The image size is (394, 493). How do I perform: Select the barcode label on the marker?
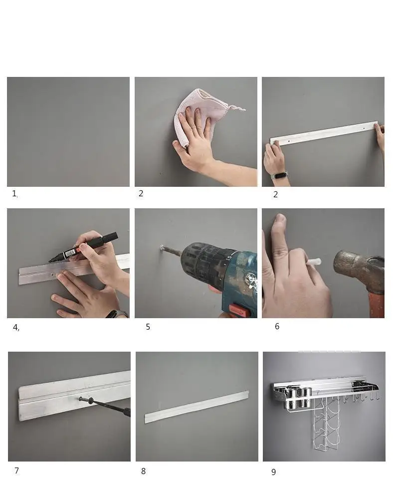[x=71, y=252]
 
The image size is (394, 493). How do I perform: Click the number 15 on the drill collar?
[x=229, y=258]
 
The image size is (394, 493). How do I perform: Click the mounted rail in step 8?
[x=197, y=407]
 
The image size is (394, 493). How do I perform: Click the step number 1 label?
[x=14, y=194]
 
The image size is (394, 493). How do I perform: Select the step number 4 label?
[x=16, y=327]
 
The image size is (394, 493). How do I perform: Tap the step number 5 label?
[x=148, y=327]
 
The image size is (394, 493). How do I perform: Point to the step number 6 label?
[x=277, y=326]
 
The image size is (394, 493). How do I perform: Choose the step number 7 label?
[x=16, y=471]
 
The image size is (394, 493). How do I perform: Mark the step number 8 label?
[x=143, y=472]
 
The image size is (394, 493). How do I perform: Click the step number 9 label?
[x=273, y=472]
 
